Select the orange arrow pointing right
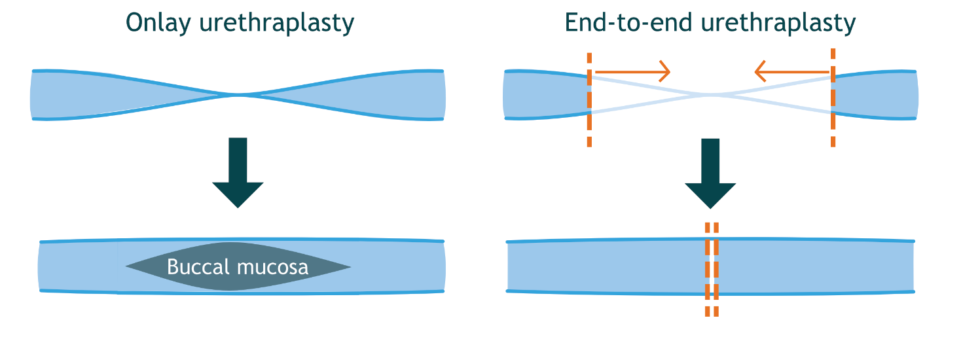[632, 69]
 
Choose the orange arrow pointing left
[792, 69]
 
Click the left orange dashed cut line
[590, 98]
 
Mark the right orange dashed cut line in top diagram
[832, 98]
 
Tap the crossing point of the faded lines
[711, 96]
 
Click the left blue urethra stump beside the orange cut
[546, 95]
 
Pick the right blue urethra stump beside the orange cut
[874, 95]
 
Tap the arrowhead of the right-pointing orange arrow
[666, 69]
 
